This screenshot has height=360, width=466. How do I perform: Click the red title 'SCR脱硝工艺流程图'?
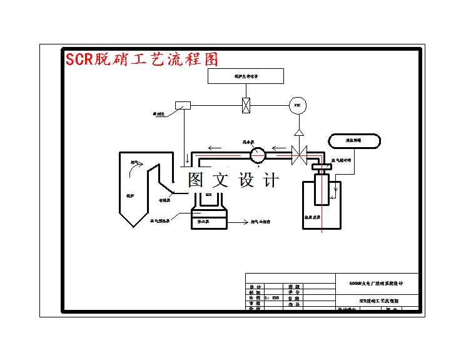142,60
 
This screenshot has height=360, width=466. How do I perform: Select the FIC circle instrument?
298,105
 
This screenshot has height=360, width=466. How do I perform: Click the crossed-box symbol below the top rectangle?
246,105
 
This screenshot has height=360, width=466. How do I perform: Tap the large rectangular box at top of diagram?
246,76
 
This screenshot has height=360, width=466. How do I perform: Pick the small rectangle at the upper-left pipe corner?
183,105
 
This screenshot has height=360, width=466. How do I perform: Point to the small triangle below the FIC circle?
299,133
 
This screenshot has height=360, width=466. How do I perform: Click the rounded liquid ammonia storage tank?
353,141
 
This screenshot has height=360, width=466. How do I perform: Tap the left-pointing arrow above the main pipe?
215,148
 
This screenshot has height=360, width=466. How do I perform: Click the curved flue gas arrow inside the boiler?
139,165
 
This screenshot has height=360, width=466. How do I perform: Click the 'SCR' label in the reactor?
209,195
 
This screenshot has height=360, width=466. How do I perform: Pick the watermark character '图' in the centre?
196,180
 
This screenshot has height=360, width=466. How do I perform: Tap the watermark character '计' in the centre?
271,180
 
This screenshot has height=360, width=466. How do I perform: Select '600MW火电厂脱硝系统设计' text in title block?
376,283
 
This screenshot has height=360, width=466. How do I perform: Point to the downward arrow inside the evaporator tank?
335,186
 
